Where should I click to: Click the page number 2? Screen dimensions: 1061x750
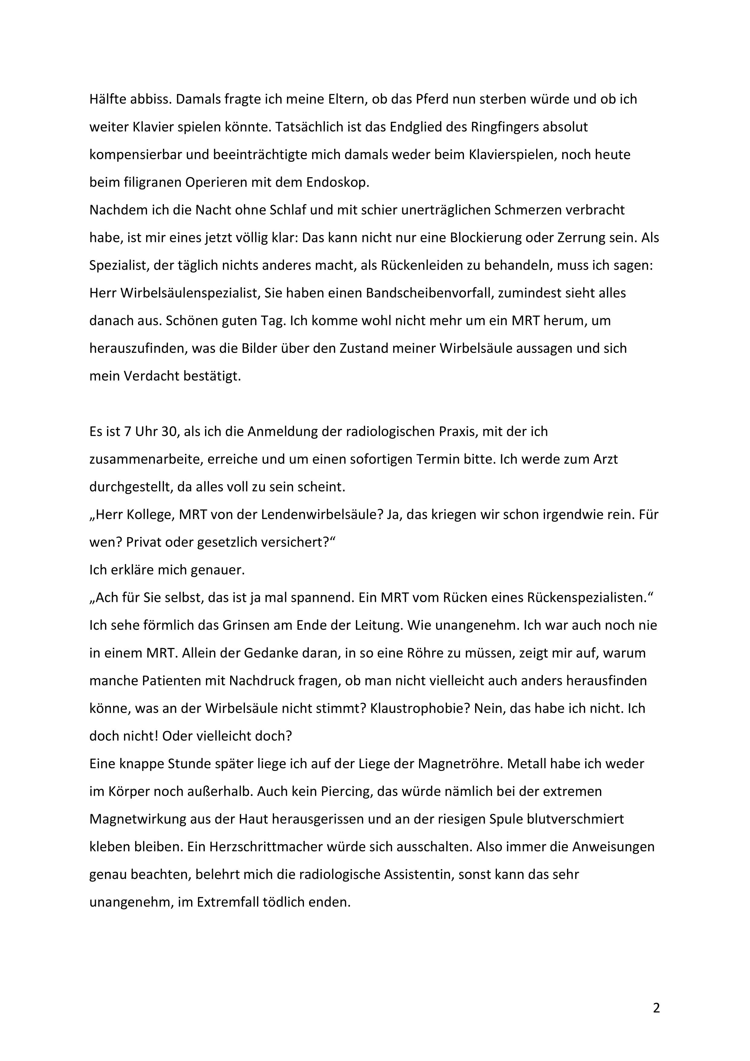[x=656, y=1008]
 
